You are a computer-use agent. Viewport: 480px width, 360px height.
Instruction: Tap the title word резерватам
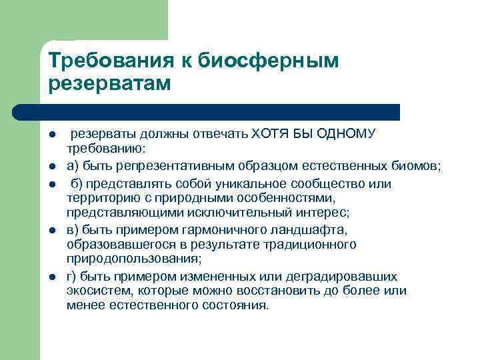click(110, 85)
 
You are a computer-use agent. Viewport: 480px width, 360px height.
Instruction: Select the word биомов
click(417, 165)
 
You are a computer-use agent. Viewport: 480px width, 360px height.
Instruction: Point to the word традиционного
click(312, 245)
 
